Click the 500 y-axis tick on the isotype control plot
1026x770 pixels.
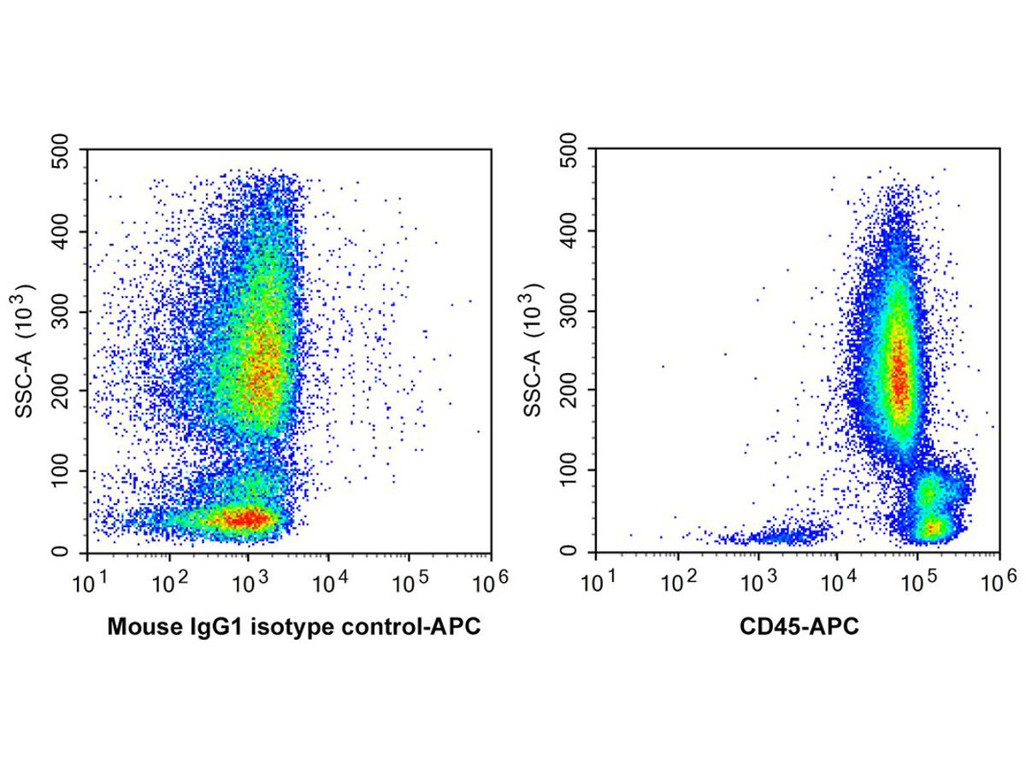[x=64, y=151]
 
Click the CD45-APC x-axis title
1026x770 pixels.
[x=798, y=627]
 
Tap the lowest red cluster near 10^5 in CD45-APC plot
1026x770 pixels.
[x=935, y=527]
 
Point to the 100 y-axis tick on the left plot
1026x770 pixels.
[x=64, y=471]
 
